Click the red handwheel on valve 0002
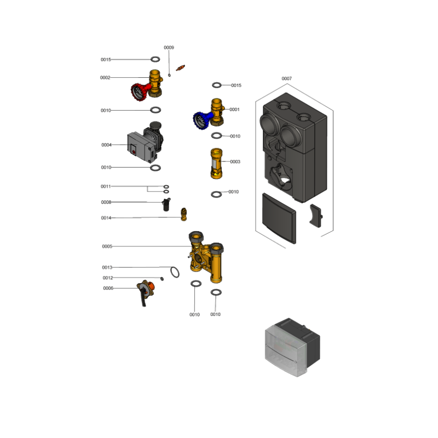click(139, 91)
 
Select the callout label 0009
click(169, 48)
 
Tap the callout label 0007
click(286, 78)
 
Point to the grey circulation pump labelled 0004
click(145, 142)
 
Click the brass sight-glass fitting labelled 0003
click(216, 163)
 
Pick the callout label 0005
click(107, 246)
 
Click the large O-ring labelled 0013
click(175, 272)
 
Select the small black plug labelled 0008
click(166, 204)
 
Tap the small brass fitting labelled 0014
click(183, 214)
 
